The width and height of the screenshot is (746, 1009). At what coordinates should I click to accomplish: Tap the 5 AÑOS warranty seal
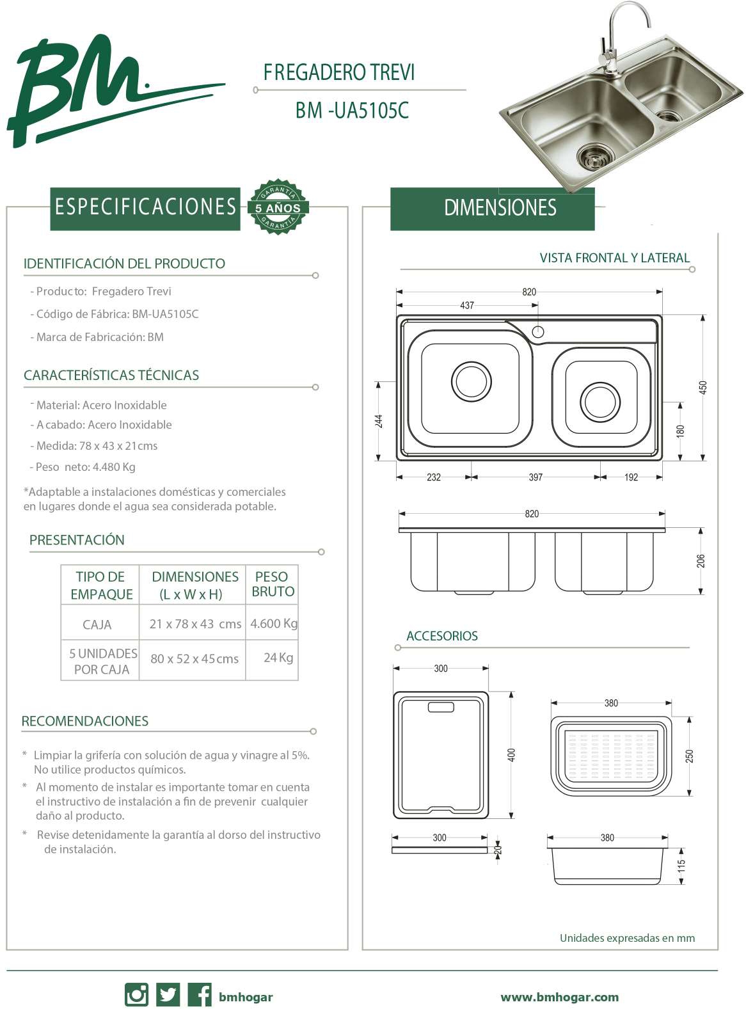(278, 207)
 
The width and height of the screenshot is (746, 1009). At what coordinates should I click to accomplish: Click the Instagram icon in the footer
(136, 995)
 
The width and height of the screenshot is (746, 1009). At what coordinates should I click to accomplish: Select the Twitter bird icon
(168, 995)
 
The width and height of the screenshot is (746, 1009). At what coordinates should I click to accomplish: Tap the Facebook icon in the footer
(200, 995)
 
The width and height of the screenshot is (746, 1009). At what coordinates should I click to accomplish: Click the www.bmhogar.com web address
(559, 997)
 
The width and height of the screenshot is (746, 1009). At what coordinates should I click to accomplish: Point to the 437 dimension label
(467, 305)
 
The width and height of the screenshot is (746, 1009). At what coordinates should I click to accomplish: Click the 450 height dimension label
(703, 387)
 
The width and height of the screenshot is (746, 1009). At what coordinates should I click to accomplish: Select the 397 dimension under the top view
(536, 477)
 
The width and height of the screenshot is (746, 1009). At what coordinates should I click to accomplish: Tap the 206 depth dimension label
(701, 561)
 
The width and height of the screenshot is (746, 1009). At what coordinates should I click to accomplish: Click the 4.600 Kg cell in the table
(274, 623)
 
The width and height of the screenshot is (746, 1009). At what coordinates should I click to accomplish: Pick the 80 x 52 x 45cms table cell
(194, 658)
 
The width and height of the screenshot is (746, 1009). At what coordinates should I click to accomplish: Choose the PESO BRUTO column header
(273, 584)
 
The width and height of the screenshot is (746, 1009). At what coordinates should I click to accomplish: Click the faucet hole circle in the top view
(538, 331)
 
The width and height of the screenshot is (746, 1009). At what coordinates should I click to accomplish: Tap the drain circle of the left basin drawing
(472, 381)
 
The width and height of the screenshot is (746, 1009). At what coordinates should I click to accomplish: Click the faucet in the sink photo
(615, 38)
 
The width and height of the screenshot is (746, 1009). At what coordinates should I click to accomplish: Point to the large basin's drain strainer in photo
(595, 155)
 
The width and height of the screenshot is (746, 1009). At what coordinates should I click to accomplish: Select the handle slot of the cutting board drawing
(441, 707)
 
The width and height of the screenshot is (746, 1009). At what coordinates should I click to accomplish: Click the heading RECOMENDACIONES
(85, 721)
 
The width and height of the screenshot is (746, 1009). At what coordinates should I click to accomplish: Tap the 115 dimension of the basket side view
(682, 866)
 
